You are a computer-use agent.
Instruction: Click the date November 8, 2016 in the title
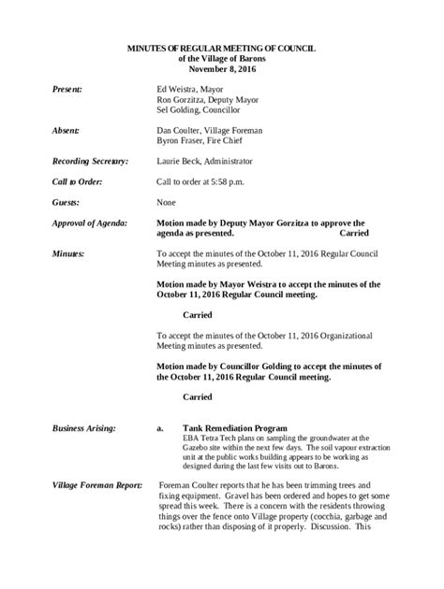[x=221, y=67]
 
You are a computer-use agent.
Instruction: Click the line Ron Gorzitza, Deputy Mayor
[x=204, y=99]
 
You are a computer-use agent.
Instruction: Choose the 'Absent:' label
[x=65, y=134]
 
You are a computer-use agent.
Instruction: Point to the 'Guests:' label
[x=66, y=202]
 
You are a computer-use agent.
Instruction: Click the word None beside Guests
[x=167, y=202]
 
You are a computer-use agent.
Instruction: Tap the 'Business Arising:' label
[x=84, y=427]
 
